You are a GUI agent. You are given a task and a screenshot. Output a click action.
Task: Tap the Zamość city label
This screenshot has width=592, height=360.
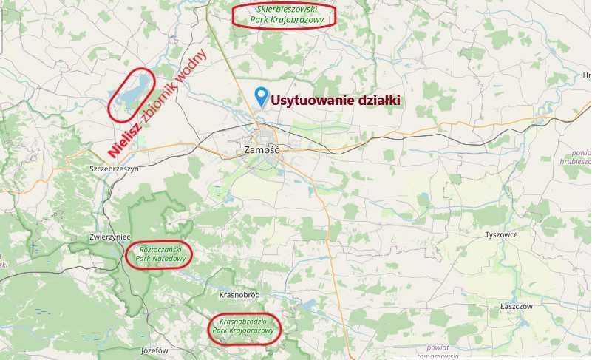pyautogui.click(x=259, y=150)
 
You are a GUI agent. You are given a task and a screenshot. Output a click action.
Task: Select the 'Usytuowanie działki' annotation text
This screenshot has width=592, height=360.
pyautogui.click(x=335, y=100)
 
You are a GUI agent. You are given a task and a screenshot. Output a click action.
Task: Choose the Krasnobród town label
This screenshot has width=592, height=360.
pyautogui.click(x=240, y=295)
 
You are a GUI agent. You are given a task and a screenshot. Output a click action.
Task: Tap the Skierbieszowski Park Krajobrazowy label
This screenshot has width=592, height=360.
pyautogui.click(x=283, y=15)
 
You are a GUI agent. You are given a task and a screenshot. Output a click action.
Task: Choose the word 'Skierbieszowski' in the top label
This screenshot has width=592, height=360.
pyautogui.click(x=284, y=10)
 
